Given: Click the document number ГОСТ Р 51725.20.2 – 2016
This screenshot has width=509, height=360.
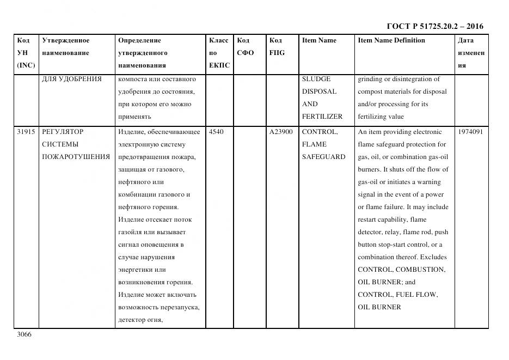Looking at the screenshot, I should pyautogui.click(x=434, y=26).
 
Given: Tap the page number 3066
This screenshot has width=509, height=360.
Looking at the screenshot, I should pyautogui.click(x=24, y=334).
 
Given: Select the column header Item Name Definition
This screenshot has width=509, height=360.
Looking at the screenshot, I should pyautogui.click(x=391, y=40).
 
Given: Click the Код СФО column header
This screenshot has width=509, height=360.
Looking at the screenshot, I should pyautogui.click(x=246, y=47).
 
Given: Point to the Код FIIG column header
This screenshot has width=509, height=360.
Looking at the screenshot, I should pyautogui.click(x=277, y=47).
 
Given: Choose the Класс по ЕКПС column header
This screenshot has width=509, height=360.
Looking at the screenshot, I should pyautogui.click(x=219, y=53).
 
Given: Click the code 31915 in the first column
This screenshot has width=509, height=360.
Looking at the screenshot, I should pyautogui.click(x=26, y=132).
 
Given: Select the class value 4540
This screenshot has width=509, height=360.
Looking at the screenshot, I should pyautogui.click(x=216, y=132).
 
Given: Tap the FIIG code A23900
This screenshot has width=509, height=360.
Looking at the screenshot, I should pyautogui.click(x=281, y=132).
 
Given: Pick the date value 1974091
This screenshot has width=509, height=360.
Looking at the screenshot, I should pyautogui.click(x=470, y=132).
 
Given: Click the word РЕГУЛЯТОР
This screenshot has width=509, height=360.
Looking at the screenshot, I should pyautogui.click(x=63, y=132).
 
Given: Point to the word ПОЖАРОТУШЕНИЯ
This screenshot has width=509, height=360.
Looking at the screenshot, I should pyautogui.click(x=76, y=157).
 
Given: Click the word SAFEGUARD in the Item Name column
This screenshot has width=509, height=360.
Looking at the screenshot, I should pyautogui.click(x=323, y=157).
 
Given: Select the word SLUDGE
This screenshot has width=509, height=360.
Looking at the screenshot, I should pyautogui.click(x=316, y=79).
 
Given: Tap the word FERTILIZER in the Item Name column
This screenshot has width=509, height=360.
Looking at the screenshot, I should pyautogui.click(x=322, y=117).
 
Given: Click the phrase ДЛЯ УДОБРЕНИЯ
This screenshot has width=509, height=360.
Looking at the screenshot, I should pyautogui.click(x=72, y=79).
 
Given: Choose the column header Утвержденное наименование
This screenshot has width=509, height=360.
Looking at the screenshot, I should pyautogui.click(x=66, y=47).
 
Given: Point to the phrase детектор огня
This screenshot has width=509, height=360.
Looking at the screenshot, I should pyautogui.click(x=140, y=320).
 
